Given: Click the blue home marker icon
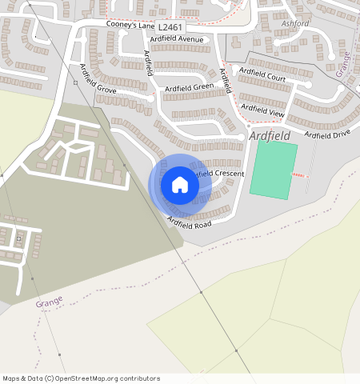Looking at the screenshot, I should click(180, 186).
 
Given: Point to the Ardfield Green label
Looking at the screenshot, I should click(189, 87).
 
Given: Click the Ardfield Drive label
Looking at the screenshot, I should click(327, 134).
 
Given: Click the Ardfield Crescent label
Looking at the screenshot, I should click(218, 174).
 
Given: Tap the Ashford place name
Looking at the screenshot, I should click(295, 24).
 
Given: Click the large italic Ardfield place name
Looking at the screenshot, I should click(270, 137).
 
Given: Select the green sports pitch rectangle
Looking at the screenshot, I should click(273, 170).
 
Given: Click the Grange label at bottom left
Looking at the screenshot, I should click(49, 303).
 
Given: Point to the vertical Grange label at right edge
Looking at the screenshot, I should click(343, 63).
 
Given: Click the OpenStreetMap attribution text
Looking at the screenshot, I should click(81, 378).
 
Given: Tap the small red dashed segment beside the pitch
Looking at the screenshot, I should click(298, 175).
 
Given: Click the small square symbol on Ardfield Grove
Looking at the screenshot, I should click(75, 82).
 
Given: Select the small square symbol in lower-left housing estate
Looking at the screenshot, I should click(18, 238).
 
